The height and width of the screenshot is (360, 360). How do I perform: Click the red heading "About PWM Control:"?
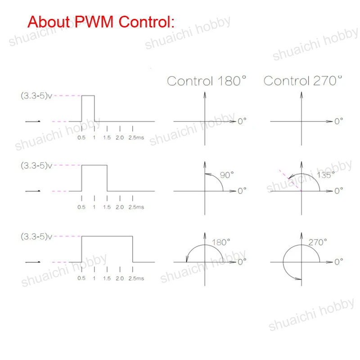point(100,21)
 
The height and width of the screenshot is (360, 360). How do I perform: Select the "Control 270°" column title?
point(303,81)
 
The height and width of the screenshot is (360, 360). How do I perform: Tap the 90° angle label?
point(227,175)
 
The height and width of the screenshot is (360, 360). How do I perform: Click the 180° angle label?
point(220,242)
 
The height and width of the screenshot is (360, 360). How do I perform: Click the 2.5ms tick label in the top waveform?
point(136,137)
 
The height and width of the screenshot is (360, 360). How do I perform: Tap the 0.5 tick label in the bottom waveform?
point(81,278)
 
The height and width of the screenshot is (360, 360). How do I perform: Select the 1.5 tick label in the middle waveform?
point(107,207)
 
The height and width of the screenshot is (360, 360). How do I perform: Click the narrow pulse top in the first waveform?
point(88,96)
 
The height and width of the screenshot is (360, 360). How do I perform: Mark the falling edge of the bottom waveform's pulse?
point(133,248)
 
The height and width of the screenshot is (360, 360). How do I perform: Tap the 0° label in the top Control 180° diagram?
point(242,121)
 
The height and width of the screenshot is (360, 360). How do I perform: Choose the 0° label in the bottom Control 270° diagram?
point(338,261)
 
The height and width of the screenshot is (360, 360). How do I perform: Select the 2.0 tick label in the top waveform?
point(119,137)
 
